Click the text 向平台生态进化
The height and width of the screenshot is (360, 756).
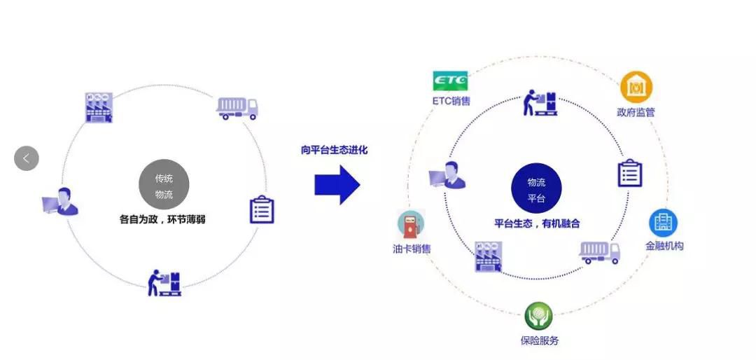(x=335, y=150)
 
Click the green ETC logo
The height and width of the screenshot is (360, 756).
(x=450, y=81)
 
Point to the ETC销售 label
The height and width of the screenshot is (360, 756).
(x=451, y=101)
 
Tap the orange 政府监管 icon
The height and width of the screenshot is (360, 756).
(x=636, y=88)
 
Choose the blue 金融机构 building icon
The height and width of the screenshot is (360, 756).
(x=663, y=223)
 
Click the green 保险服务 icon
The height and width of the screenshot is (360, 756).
(x=539, y=316)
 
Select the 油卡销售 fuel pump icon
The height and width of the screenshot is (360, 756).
(x=412, y=225)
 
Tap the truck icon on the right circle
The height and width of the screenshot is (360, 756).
(x=601, y=252)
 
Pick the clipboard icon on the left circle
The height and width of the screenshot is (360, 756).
(x=262, y=209)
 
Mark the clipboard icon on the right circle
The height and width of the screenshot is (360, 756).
(x=629, y=173)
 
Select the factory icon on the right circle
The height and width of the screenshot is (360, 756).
(x=489, y=256)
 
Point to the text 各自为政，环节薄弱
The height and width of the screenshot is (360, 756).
(x=162, y=219)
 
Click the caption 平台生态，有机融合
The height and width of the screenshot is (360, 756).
(x=537, y=224)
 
